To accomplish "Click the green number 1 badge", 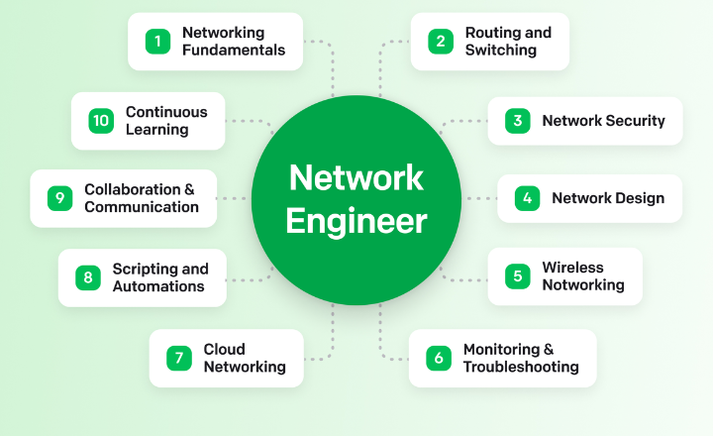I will [x=156, y=41].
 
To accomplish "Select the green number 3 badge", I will [x=517, y=121].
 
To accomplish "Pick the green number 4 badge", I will [x=527, y=198].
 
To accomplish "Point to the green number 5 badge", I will [x=517, y=275].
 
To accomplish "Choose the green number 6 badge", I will [x=438, y=358].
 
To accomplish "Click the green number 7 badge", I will [x=178, y=358].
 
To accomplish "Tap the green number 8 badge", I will [x=87, y=277].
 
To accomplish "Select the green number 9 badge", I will [x=59, y=198].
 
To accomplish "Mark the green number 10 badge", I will [x=100, y=121].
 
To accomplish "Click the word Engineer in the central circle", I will [x=356, y=221].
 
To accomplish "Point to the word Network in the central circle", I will [x=356, y=178].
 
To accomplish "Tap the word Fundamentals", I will [x=233, y=50].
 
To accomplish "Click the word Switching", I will [x=500, y=50].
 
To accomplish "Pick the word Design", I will [x=640, y=198].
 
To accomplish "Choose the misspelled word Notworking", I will [x=582, y=285].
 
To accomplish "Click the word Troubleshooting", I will [x=521, y=367].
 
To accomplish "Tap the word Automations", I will [x=157, y=286].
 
